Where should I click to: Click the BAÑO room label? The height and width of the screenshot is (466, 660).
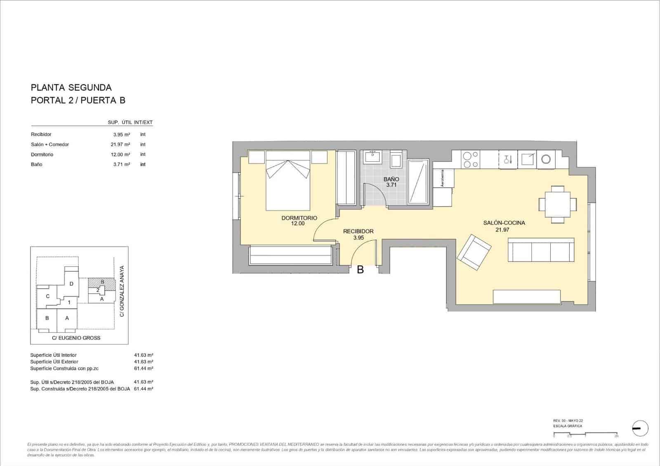391,179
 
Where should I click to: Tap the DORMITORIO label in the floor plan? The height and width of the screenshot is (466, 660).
299,218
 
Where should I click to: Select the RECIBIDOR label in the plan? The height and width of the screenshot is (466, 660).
358,231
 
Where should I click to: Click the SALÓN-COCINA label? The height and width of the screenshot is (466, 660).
504,223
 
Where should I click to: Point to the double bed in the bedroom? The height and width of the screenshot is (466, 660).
288,181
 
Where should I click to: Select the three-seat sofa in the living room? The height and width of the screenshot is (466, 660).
541,250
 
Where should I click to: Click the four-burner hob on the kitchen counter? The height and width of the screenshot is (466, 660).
471,160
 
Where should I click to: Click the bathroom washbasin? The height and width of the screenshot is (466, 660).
373,157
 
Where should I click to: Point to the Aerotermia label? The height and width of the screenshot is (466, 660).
443,179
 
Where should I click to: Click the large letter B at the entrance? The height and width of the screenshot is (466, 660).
360,270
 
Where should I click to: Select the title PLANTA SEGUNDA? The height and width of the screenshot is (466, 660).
71,87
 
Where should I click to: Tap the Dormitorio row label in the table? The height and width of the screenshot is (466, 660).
42,155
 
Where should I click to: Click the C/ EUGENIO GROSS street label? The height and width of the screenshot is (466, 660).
76,338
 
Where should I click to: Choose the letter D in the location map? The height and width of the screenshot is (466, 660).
71,284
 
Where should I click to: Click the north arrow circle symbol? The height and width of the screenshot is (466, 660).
640,429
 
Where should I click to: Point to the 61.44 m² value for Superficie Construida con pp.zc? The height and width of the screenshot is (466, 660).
144,368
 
